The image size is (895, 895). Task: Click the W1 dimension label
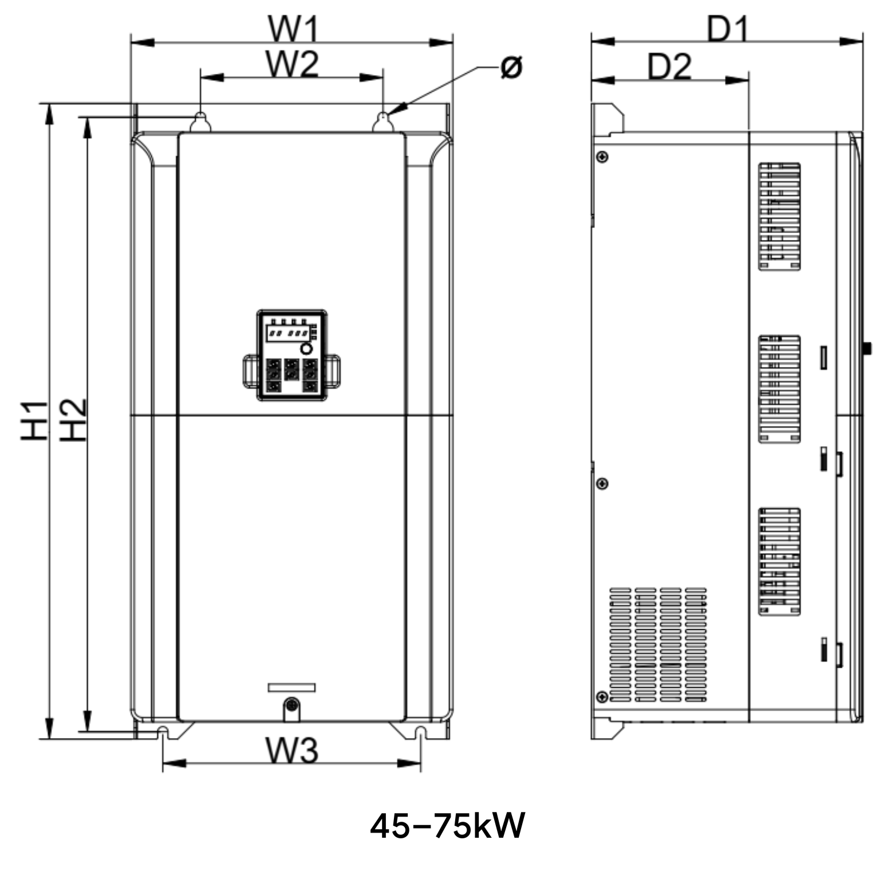coord(293,30)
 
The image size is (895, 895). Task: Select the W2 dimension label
coord(292,64)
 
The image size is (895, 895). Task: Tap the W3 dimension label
coord(291,750)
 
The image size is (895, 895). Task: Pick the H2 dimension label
coord(73,420)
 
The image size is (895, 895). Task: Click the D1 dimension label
coord(727,29)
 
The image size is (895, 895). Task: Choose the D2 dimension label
coord(669,66)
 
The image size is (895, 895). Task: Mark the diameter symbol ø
coord(511,67)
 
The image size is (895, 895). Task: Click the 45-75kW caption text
coord(447,826)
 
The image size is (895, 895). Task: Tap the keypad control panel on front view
coord(292,355)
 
